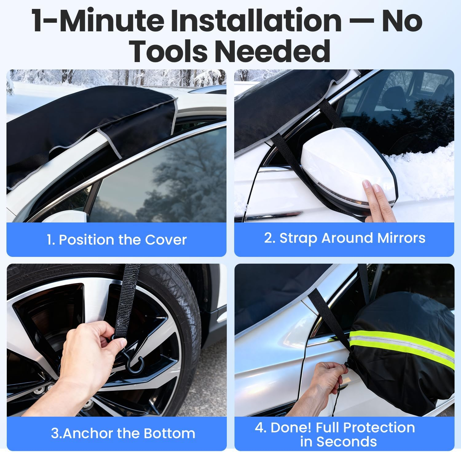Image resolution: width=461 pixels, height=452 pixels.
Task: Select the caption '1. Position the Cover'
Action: pyautogui.click(x=116, y=240)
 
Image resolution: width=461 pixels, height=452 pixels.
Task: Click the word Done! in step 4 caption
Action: pyautogui.click(x=290, y=427)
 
